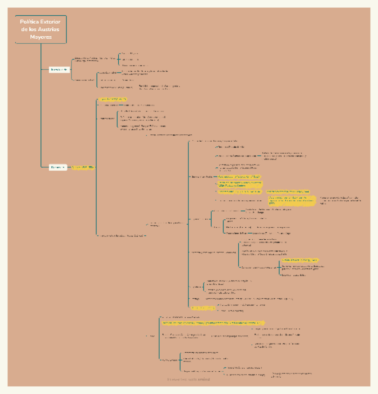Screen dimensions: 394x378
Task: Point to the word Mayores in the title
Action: [x=41, y=37]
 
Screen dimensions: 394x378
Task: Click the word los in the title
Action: [x=34, y=29]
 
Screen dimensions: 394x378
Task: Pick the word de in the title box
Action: [x=25, y=29]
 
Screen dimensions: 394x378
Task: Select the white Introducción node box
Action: [x=60, y=70]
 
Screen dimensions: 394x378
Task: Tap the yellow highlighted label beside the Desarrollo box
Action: [x=83, y=167]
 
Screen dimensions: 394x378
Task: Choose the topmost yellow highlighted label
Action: [x=112, y=99]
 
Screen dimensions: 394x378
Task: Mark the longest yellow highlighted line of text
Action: [x=213, y=322]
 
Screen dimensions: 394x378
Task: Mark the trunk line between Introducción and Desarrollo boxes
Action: [x=35, y=118]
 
